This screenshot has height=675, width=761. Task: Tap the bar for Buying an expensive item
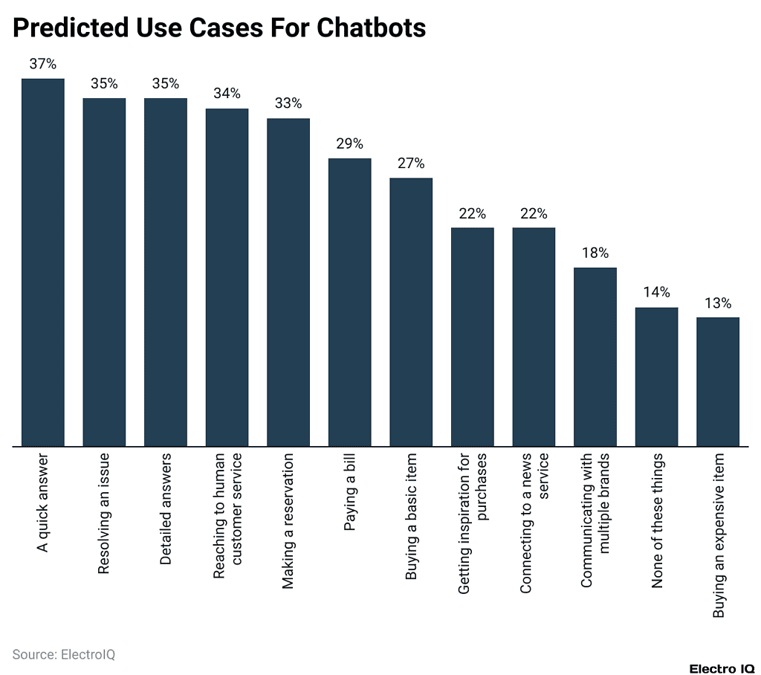718,381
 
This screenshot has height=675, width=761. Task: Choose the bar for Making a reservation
288,282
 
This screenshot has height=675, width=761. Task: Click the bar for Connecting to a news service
534,337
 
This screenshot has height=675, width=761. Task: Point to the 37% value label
42,64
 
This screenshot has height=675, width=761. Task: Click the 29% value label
349,143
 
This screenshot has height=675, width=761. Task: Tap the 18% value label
595,253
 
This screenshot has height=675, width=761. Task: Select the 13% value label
718,303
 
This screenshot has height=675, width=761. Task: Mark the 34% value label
227,94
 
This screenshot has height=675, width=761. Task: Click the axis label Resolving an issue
104,512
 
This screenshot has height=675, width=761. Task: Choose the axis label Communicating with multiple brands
595,520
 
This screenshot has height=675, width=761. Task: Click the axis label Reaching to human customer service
227,517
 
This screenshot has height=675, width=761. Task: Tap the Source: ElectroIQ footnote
64,654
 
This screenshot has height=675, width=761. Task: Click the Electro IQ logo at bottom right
722,668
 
